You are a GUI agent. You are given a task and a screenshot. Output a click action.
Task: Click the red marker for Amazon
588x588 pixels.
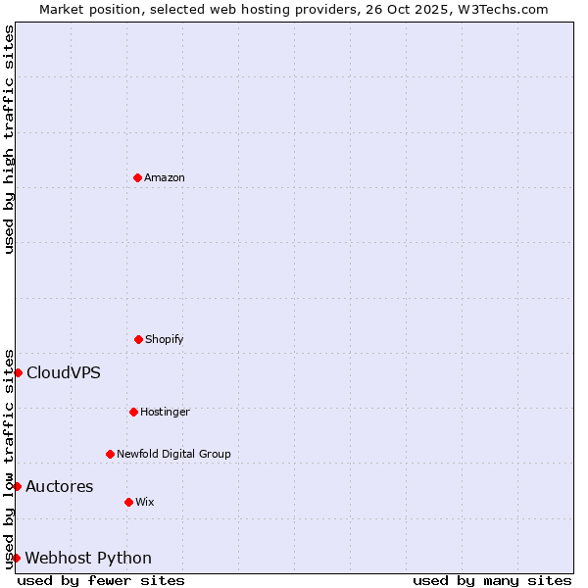pos(137,177)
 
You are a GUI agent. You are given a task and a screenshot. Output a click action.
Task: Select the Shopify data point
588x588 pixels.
pos(138,339)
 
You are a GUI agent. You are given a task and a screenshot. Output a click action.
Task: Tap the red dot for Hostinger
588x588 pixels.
pos(133,412)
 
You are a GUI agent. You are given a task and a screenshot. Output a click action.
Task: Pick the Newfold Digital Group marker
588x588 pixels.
pos(110,454)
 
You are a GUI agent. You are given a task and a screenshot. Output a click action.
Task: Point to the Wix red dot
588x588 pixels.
pos(128,502)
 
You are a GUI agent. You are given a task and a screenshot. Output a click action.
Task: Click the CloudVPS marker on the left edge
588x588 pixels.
pos(18,372)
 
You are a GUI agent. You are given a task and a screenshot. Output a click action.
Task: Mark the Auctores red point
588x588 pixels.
pos(17,486)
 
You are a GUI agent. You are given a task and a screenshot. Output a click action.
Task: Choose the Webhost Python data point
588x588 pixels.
pos(16,558)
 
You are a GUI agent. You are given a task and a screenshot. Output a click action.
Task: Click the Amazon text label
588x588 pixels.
pos(165,177)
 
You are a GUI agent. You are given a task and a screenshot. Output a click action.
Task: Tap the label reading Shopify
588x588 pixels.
pos(165,339)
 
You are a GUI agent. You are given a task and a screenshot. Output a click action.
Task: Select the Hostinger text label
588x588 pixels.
pos(165,412)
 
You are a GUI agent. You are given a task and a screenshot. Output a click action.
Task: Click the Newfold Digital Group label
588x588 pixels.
pos(173,454)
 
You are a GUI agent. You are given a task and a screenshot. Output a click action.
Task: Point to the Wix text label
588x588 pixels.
pos(145,502)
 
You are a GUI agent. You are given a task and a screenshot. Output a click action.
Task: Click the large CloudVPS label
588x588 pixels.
pos(64,372)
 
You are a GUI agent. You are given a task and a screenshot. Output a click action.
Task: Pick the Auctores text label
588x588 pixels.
pos(60,486)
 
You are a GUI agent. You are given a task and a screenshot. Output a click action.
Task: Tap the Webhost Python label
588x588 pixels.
pos(88,558)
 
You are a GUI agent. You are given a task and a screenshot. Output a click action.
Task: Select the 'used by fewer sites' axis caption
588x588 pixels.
pos(101,580)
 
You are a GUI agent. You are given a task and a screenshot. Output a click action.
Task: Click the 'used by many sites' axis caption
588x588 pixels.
pos(492,580)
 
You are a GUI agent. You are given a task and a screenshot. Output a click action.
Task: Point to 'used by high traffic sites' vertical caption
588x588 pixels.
pos(9,139)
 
